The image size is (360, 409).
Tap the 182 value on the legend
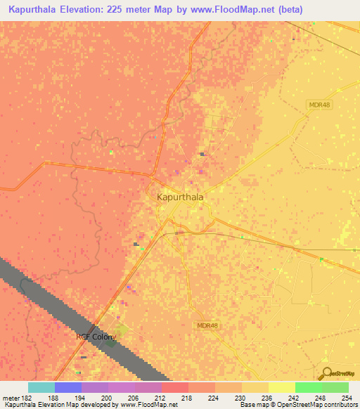[x=25, y=398]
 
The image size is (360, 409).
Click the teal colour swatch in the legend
[x=41, y=387]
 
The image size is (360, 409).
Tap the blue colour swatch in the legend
[x=68, y=387]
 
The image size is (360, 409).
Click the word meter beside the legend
[x=9, y=398]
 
